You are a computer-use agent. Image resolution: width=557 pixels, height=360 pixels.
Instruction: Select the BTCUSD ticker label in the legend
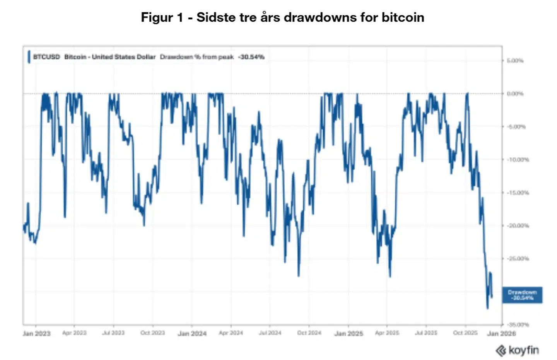pyautogui.click(x=46, y=57)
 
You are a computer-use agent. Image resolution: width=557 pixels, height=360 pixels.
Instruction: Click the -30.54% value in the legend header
pyautogui.click(x=251, y=57)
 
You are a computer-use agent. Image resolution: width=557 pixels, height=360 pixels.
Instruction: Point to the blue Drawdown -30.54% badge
pyautogui.click(x=522, y=295)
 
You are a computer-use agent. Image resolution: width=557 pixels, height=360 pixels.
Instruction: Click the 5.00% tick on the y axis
pyautogui.click(x=515, y=61)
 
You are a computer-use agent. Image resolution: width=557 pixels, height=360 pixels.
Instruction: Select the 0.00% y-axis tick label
pyautogui.click(x=515, y=94)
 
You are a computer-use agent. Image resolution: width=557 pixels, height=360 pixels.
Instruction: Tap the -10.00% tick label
pyautogui.click(x=518, y=160)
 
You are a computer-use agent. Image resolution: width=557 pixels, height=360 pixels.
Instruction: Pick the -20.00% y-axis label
pyautogui.click(x=518, y=225)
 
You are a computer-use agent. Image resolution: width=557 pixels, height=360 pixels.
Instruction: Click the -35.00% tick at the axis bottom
pyautogui.click(x=518, y=325)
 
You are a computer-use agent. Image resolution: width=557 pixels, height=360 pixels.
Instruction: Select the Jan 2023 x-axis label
pyautogui.click(x=36, y=333)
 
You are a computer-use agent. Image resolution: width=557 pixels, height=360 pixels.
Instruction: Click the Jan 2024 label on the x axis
pyautogui.click(x=192, y=333)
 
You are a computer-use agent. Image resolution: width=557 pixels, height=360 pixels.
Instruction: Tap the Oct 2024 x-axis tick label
pyautogui.click(x=309, y=333)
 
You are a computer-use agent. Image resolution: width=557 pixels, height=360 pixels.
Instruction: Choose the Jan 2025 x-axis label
pyautogui.click(x=349, y=333)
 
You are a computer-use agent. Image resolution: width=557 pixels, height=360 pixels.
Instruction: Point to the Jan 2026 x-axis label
pyautogui.click(x=501, y=333)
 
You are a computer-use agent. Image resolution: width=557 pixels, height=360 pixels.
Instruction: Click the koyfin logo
pyautogui.click(x=517, y=350)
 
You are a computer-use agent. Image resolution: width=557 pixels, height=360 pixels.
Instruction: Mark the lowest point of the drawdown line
pyautogui.click(x=487, y=308)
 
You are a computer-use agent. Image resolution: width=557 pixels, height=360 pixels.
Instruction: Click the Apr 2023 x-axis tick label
pyautogui.click(x=74, y=333)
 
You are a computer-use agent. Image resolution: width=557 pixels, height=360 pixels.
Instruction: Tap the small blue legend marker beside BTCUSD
pyautogui.click(x=29, y=57)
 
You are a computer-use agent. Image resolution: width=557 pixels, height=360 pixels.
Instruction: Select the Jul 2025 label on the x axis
pyautogui.click(x=426, y=333)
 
